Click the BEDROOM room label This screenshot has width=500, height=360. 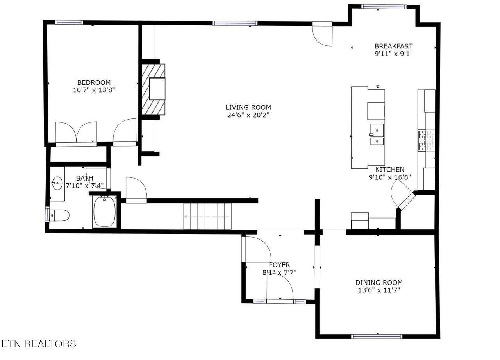(94, 82)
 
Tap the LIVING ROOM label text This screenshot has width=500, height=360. (248, 107)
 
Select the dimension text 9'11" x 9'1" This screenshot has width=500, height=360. (393, 54)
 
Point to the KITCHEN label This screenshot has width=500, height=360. (389, 170)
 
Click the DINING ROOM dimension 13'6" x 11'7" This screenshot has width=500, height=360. (379, 290)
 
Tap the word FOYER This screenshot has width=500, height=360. (279, 265)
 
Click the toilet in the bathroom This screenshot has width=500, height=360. (59, 215)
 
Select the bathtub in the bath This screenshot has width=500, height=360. (104, 211)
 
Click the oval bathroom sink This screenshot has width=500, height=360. (57, 183)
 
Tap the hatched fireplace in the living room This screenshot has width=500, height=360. (154, 90)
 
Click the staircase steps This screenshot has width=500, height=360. (207, 217)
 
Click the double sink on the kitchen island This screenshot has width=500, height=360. (377, 134)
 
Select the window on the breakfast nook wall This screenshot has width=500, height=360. (383, 7)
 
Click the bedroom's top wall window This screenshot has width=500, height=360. (69, 22)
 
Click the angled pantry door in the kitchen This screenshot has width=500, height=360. (402, 194)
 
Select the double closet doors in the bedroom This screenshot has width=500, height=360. (76, 133)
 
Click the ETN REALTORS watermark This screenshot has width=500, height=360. (39, 344)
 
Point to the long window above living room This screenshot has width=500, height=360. (235, 23)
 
